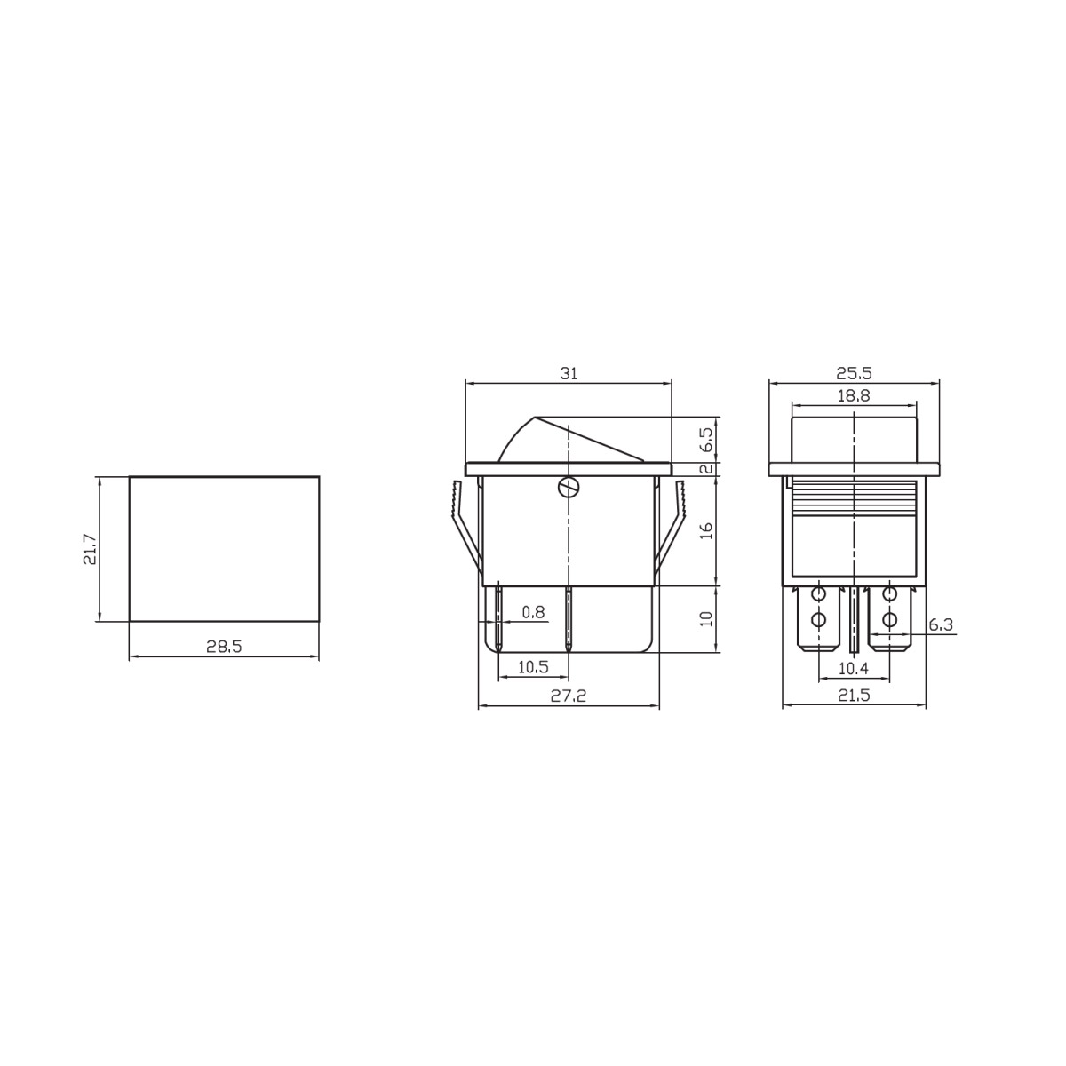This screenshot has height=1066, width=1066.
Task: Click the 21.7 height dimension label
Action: [x=91, y=549]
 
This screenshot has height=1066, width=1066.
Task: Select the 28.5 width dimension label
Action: [x=224, y=646]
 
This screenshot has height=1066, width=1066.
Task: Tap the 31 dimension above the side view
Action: [x=569, y=373]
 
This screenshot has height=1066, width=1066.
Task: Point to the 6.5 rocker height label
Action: [x=706, y=439]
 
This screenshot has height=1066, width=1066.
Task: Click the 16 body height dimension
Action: [x=706, y=530]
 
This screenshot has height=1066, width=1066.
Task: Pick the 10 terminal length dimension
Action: [x=706, y=618]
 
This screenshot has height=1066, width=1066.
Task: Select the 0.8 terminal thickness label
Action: [x=533, y=611]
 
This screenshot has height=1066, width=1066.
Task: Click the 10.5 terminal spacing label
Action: [x=533, y=667]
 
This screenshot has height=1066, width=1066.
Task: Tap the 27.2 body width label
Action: [x=569, y=696]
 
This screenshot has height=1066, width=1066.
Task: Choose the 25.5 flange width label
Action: [x=854, y=373]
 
